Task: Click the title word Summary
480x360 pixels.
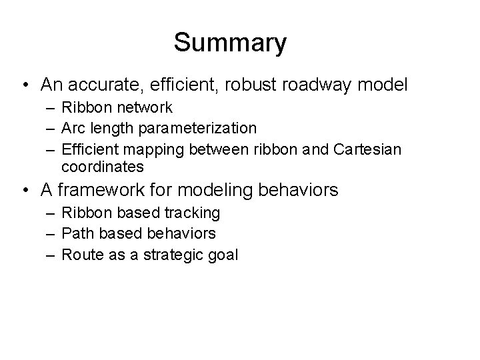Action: point(230,43)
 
